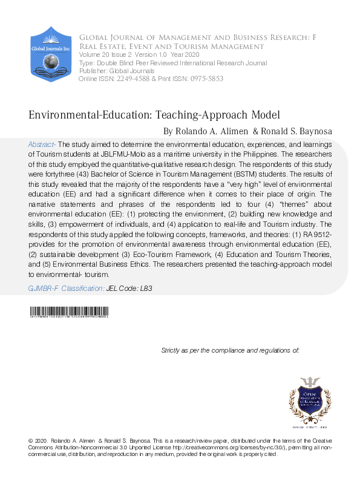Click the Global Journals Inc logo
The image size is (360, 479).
click(51, 54)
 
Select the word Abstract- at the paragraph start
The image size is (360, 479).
click(42, 145)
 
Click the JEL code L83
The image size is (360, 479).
click(145, 289)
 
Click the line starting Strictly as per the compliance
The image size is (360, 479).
click(230, 351)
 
